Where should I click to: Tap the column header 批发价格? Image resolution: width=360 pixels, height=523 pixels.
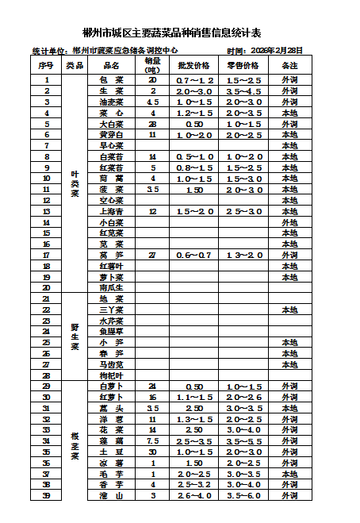(x=194, y=65)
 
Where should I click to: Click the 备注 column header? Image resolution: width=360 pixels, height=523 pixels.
(x=290, y=65)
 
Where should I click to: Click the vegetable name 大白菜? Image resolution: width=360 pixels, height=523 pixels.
(x=111, y=124)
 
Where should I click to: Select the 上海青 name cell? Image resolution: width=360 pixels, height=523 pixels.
(x=111, y=212)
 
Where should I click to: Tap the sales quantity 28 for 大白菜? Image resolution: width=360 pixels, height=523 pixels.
(x=152, y=124)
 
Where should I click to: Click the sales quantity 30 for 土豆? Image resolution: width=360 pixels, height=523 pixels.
(x=152, y=452)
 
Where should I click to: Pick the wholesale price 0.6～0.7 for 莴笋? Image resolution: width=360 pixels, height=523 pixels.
(x=194, y=256)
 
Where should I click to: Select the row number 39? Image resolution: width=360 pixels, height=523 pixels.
(x=46, y=495)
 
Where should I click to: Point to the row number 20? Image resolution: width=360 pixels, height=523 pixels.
(x=46, y=287)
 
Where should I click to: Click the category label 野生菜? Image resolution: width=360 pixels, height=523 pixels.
(x=75, y=336)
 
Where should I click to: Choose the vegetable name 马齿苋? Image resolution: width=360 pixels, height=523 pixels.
(x=111, y=364)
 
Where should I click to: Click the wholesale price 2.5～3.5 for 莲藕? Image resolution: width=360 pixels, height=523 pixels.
(x=194, y=440)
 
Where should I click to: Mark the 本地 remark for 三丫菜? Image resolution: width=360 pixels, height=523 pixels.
(x=290, y=310)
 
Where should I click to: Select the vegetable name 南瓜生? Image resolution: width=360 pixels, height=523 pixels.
(x=111, y=287)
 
